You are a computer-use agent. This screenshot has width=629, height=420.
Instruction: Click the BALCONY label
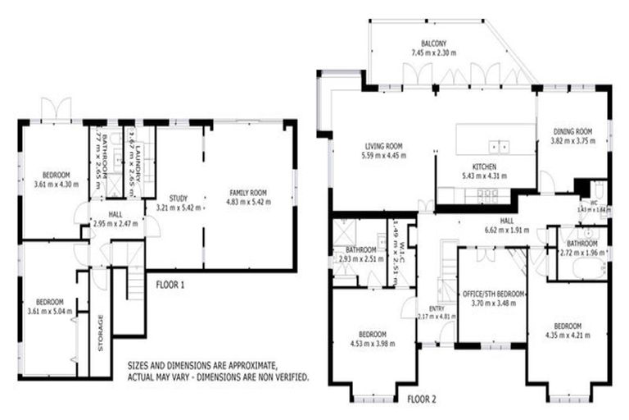(433, 43)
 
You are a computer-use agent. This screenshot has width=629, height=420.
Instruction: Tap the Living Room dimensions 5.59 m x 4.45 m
(384, 154)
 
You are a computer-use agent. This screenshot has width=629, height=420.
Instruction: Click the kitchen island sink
(499, 147)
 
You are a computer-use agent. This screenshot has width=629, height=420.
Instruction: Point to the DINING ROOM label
(572, 131)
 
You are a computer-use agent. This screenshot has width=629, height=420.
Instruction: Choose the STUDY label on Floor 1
(178, 198)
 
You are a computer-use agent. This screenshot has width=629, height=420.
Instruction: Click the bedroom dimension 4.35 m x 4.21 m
(568, 334)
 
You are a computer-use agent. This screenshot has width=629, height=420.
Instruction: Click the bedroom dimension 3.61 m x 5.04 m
(50, 311)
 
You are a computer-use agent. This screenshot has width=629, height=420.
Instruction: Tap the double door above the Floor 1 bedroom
(56, 109)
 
